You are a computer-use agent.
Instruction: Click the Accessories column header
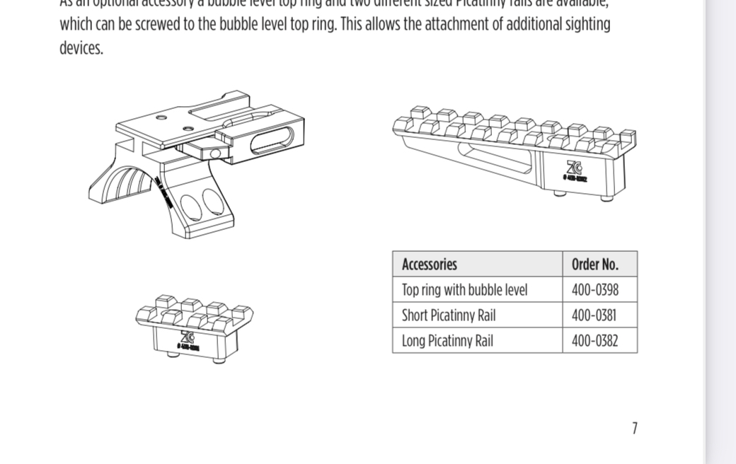pyautogui.click(x=430, y=265)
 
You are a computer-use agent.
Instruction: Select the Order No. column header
pyautogui.click(x=594, y=265)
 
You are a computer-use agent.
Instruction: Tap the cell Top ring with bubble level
pyautogui.click(x=464, y=290)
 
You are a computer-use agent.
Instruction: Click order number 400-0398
pyautogui.click(x=594, y=290)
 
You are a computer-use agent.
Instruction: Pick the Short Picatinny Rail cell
pyautogui.click(x=449, y=315)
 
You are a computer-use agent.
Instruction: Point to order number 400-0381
pyautogui.click(x=594, y=315)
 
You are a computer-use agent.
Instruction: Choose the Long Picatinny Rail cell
pyautogui.click(x=447, y=341)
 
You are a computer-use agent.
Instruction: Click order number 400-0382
pyautogui.click(x=594, y=341)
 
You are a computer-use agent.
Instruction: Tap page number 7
pyautogui.click(x=635, y=428)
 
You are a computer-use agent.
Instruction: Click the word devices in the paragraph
pyautogui.click(x=81, y=49)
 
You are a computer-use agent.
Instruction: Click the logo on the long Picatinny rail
pyautogui.click(x=574, y=168)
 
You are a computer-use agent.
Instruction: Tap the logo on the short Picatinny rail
pyautogui.click(x=188, y=337)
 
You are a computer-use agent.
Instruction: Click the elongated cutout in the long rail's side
pyautogui.click(x=495, y=158)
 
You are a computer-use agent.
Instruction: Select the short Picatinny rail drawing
pyautogui.click(x=193, y=327)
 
